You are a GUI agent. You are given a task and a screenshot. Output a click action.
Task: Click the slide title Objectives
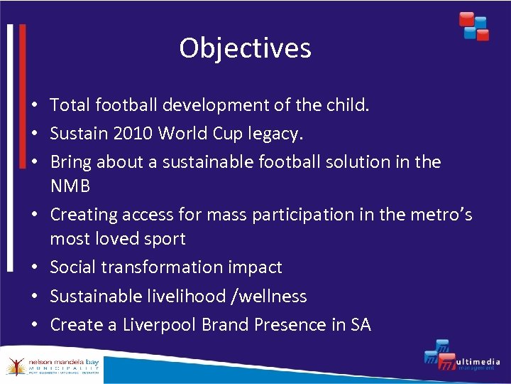[x=245, y=48]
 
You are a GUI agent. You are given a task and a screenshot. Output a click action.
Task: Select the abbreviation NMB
[x=70, y=186]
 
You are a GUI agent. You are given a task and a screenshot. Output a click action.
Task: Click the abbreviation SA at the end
[x=361, y=325]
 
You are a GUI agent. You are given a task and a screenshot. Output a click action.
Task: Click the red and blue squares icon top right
[x=473, y=26]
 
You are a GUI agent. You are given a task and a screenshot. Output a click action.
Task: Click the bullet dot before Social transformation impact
[x=34, y=268]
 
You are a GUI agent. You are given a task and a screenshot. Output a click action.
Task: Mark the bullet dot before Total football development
[x=34, y=106]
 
